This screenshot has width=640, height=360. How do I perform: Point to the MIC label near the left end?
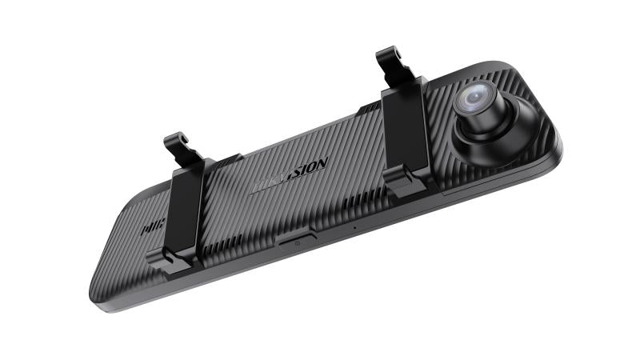pyautogui.click(x=147, y=227)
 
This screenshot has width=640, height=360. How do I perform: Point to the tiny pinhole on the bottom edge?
pyautogui.click(x=354, y=227)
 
